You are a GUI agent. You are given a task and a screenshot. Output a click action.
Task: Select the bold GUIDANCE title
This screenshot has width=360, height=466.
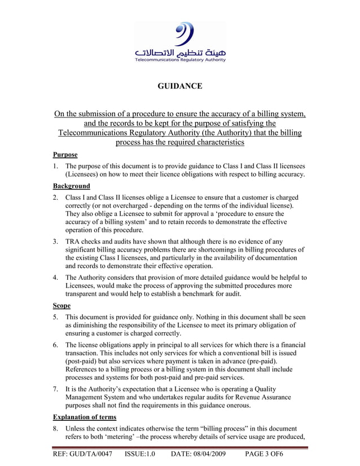coord(179,86)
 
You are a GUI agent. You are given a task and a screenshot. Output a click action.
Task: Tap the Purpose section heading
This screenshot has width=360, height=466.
coord(65,154)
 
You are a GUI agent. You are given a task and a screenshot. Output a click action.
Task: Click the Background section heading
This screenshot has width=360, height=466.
coord(71,186)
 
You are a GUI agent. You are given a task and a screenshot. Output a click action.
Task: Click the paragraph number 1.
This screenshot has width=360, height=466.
coord(56,166)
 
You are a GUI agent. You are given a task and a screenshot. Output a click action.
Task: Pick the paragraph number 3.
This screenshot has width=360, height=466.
coord(56,241)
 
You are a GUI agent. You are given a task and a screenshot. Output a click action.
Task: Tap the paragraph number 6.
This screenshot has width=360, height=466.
coord(56,345)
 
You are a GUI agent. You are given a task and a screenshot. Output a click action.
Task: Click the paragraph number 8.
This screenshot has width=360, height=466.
coord(56,428)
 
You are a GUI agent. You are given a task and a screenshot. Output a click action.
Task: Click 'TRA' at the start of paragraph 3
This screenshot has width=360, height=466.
coord(74,241)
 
